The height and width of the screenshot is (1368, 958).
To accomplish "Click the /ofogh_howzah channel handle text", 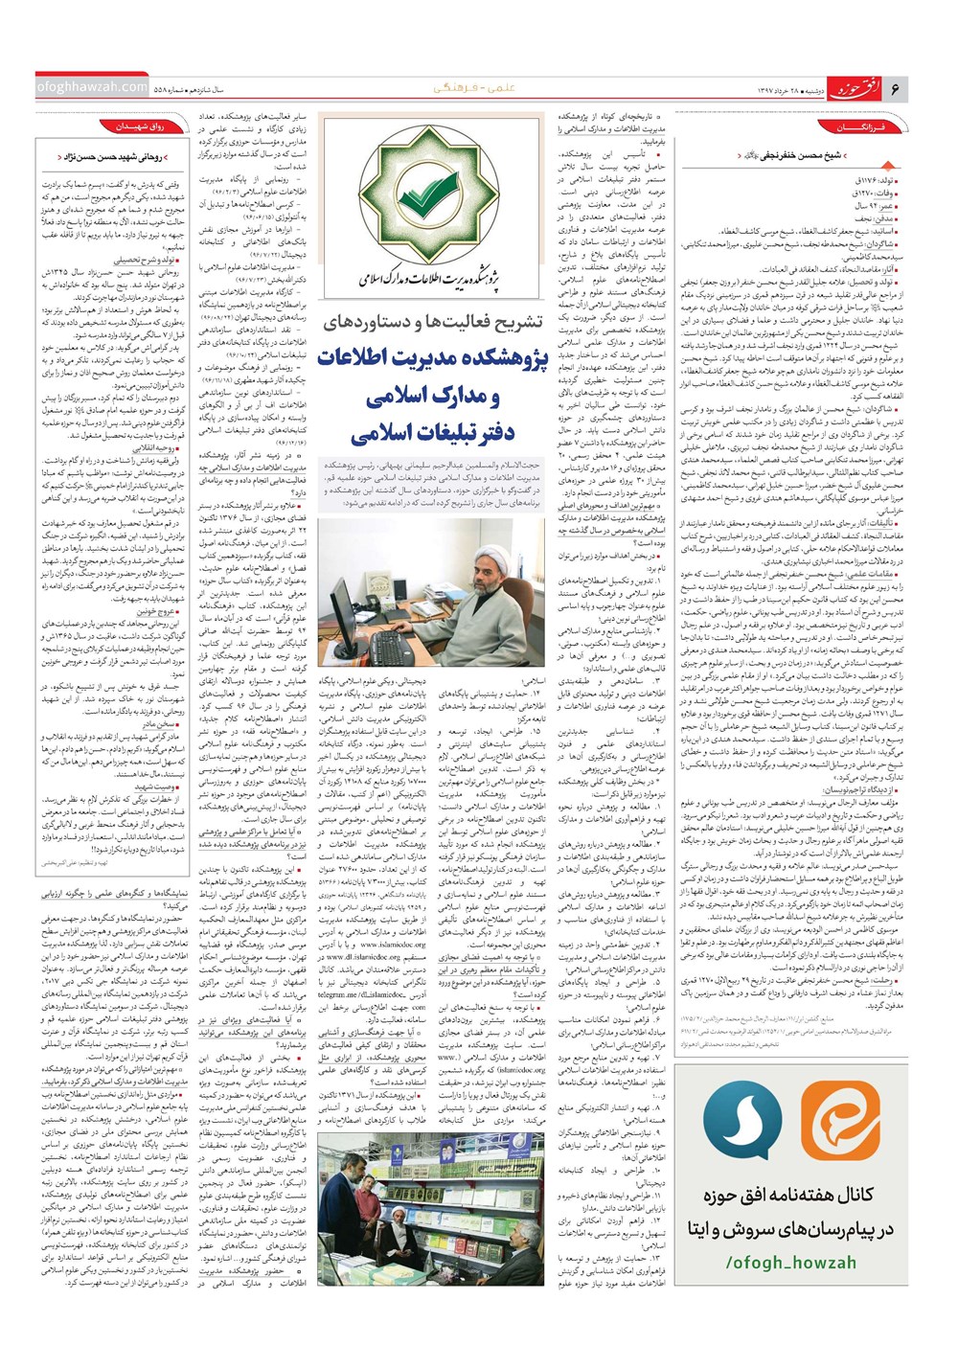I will [791, 1263].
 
